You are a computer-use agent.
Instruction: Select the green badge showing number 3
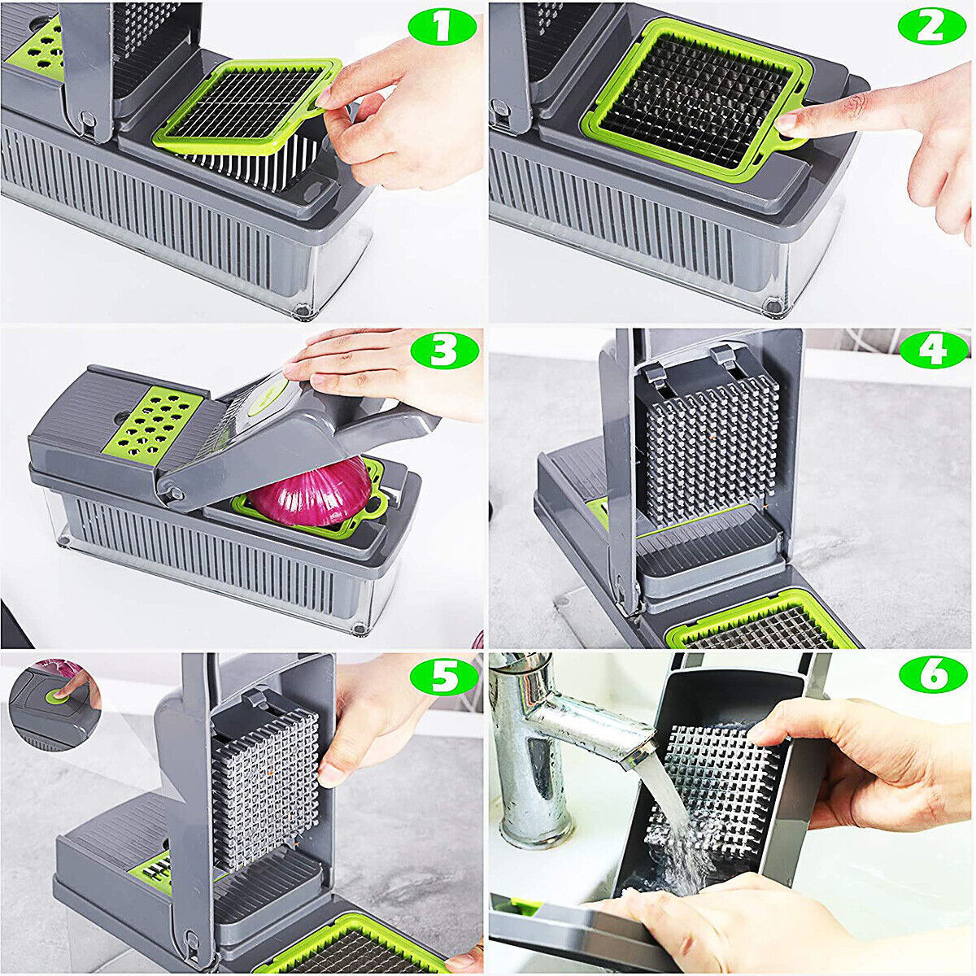444,351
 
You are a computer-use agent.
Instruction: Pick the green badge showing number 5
444,677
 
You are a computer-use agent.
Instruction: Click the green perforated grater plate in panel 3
154,420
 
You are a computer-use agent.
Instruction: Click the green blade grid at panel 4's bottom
760,626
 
